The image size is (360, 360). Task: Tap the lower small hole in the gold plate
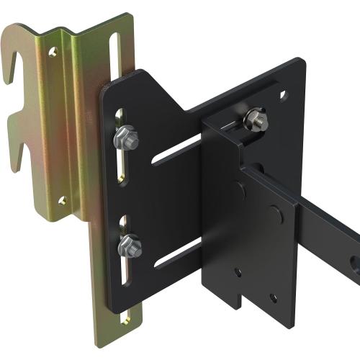pyautogui.click(x=63, y=200)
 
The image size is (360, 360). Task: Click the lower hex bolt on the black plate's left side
pyautogui.click(x=130, y=246)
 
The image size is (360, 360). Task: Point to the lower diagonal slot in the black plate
pyautogui.click(x=177, y=252)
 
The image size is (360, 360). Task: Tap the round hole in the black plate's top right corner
pyautogui.click(x=283, y=94)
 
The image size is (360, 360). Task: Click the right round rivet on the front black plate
pyautogui.click(x=275, y=214)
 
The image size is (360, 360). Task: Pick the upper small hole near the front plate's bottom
pyautogui.click(x=238, y=272)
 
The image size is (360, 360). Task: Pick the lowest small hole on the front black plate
pyautogui.click(x=272, y=297)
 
